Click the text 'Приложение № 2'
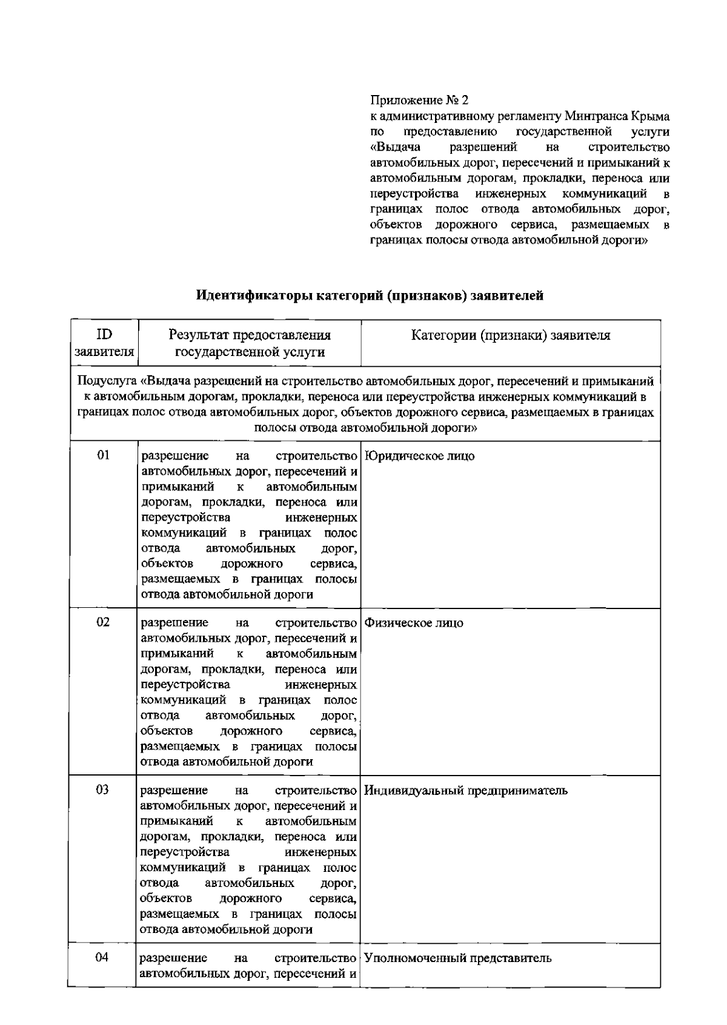tap(419, 101)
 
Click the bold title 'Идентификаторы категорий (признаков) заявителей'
tap(370, 295)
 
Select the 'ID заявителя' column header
tap(104, 343)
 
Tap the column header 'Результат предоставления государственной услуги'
tap(250, 343)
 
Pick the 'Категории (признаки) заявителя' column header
tap(510, 335)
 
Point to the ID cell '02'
tap(104, 622)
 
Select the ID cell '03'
tap(103, 789)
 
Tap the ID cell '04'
tap(103, 957)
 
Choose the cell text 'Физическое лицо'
tap(414, 623)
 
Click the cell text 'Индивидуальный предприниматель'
tap(466, 791)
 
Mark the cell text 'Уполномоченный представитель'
tap(458, 958)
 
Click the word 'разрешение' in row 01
tap(175, 456)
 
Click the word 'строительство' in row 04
tap(315, 958)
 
